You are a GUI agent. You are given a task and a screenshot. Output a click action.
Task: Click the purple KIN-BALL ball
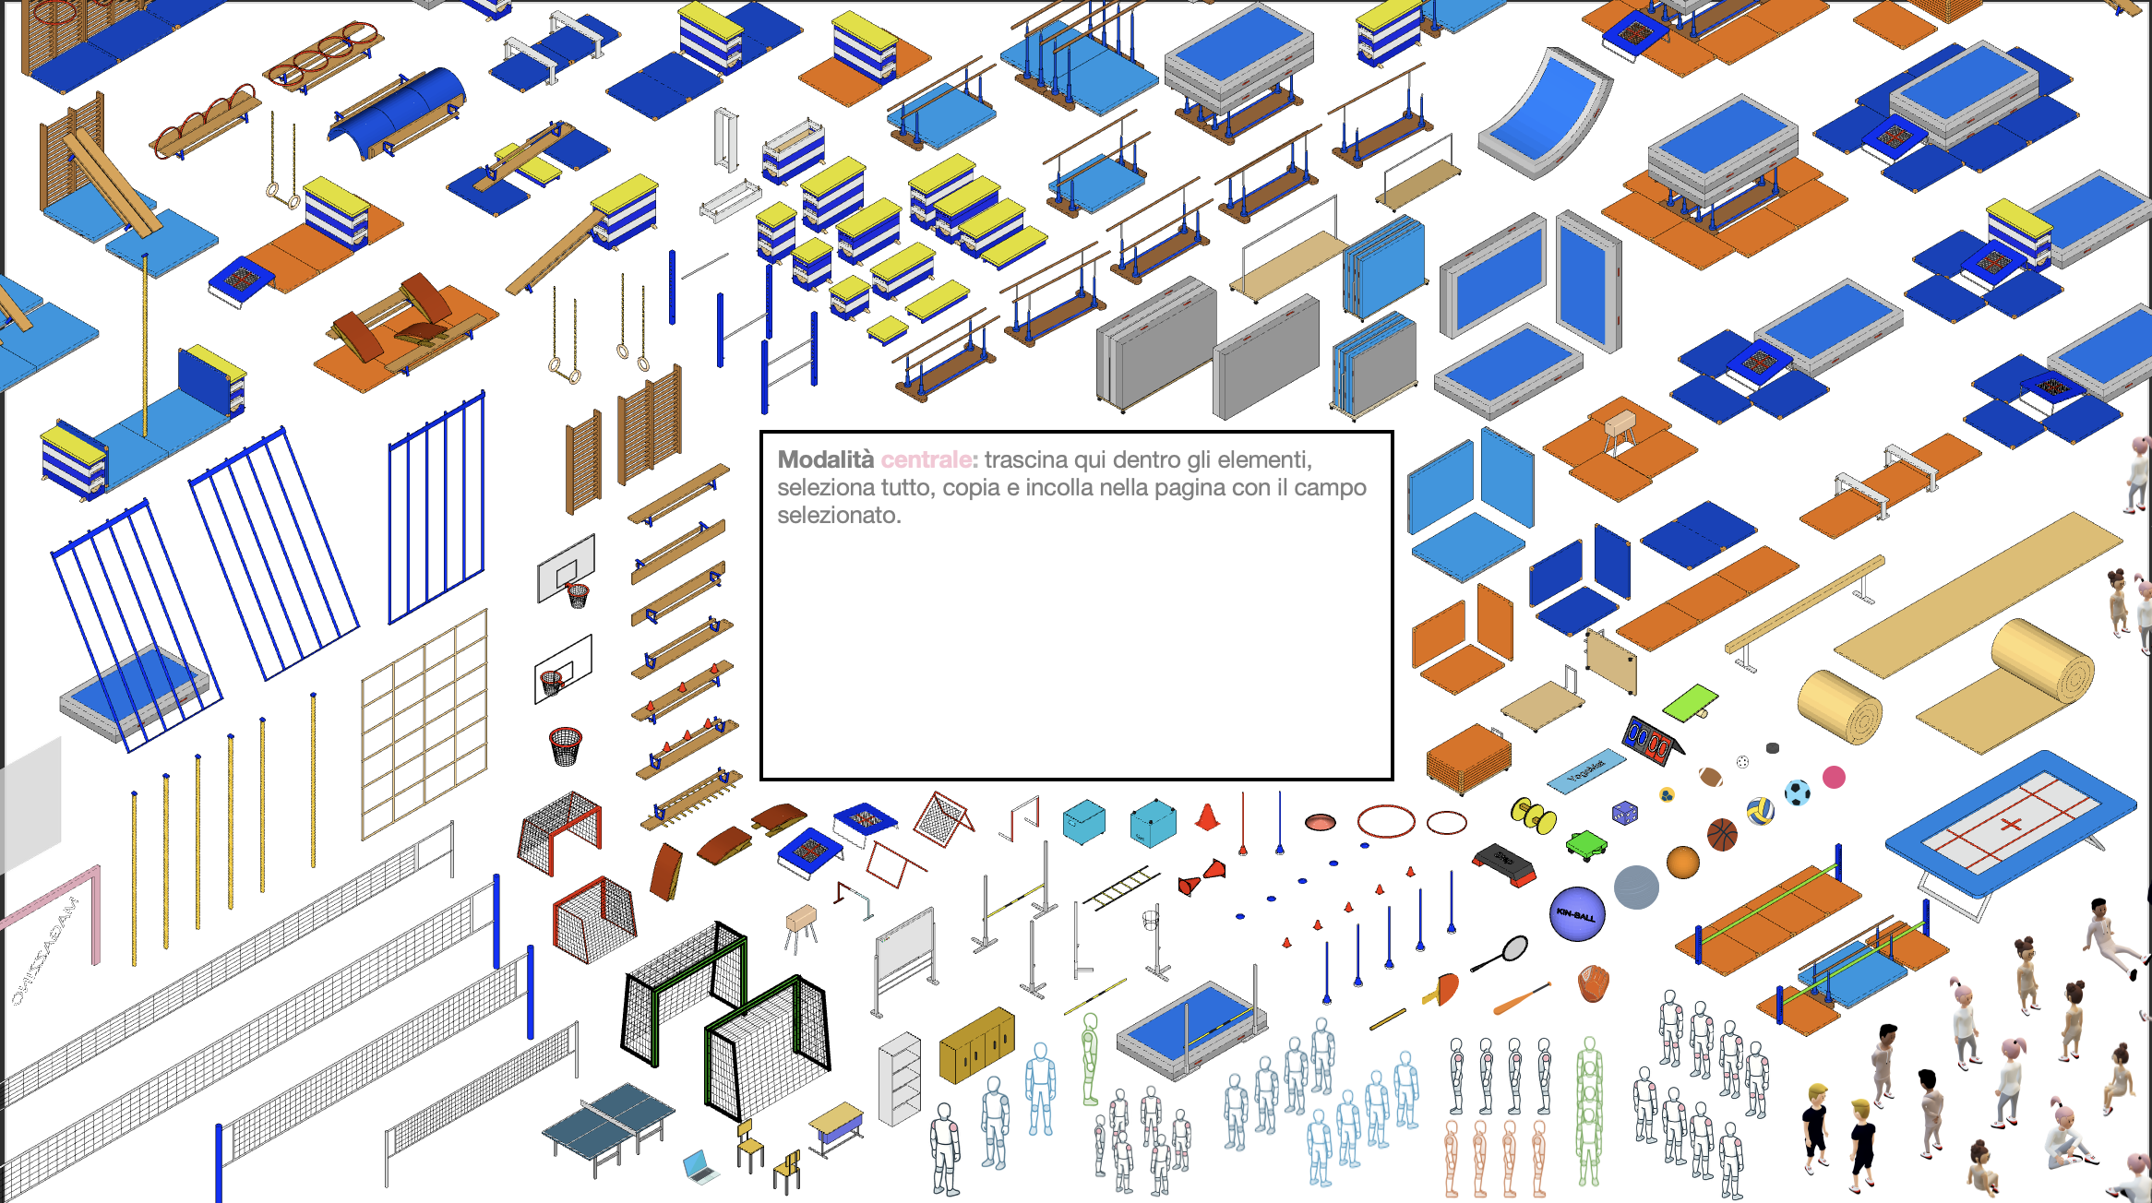tap(1577, 914)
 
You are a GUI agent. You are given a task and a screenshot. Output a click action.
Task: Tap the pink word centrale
tap(926, 459)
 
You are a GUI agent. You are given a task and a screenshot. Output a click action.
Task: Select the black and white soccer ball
tap(1797, 792)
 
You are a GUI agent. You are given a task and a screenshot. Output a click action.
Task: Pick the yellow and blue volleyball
tap(1760, 811)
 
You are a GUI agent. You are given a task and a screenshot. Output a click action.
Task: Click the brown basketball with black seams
tap(1722, 835)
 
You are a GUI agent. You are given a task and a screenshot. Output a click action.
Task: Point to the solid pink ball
tap(1834, 778)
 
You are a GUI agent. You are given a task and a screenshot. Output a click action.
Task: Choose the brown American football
tap(1711, 777)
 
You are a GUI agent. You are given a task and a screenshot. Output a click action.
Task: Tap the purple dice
tap(1624, 813)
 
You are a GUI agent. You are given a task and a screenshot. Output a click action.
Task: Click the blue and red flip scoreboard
tap(1650, 740)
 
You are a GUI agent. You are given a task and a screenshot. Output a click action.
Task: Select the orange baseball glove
tap(1593, 983)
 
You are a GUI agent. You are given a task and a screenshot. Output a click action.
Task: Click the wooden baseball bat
tap(1521, 999)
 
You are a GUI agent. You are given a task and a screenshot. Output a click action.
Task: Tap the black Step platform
tap(1504, 864)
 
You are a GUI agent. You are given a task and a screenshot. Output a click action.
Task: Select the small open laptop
tap(700, 1167)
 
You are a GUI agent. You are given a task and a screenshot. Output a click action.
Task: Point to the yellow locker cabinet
tap(976, 1044)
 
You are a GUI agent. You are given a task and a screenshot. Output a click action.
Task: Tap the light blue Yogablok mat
tap(1586, 771)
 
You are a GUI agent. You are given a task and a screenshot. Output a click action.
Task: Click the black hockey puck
tap(1772, 748)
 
